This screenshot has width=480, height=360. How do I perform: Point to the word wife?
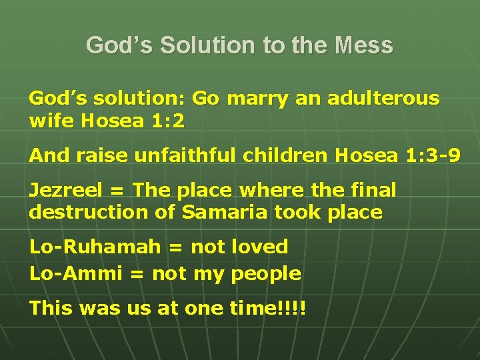(x=51, y=121)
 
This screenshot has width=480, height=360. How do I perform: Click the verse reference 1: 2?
(x=168, y=121)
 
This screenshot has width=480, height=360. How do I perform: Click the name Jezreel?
(x=65, y=190)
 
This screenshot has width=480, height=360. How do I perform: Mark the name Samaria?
(x=213, y=213)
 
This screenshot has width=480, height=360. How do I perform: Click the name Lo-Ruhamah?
(x=95, y=247)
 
